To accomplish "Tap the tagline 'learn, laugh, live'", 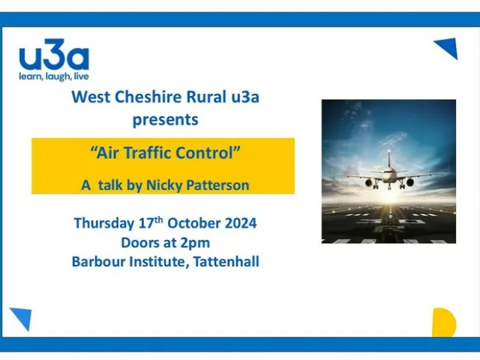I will pyautogui.click(x=53, y=76).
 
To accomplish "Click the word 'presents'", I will pyautogui.click(x=165, y=120).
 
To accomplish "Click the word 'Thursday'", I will pyautogui.click(x=103, y=223).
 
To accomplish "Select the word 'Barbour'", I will pyautogui.click(x=98, y=261).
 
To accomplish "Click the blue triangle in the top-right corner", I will pyautogui.click(x=448, y=48).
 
